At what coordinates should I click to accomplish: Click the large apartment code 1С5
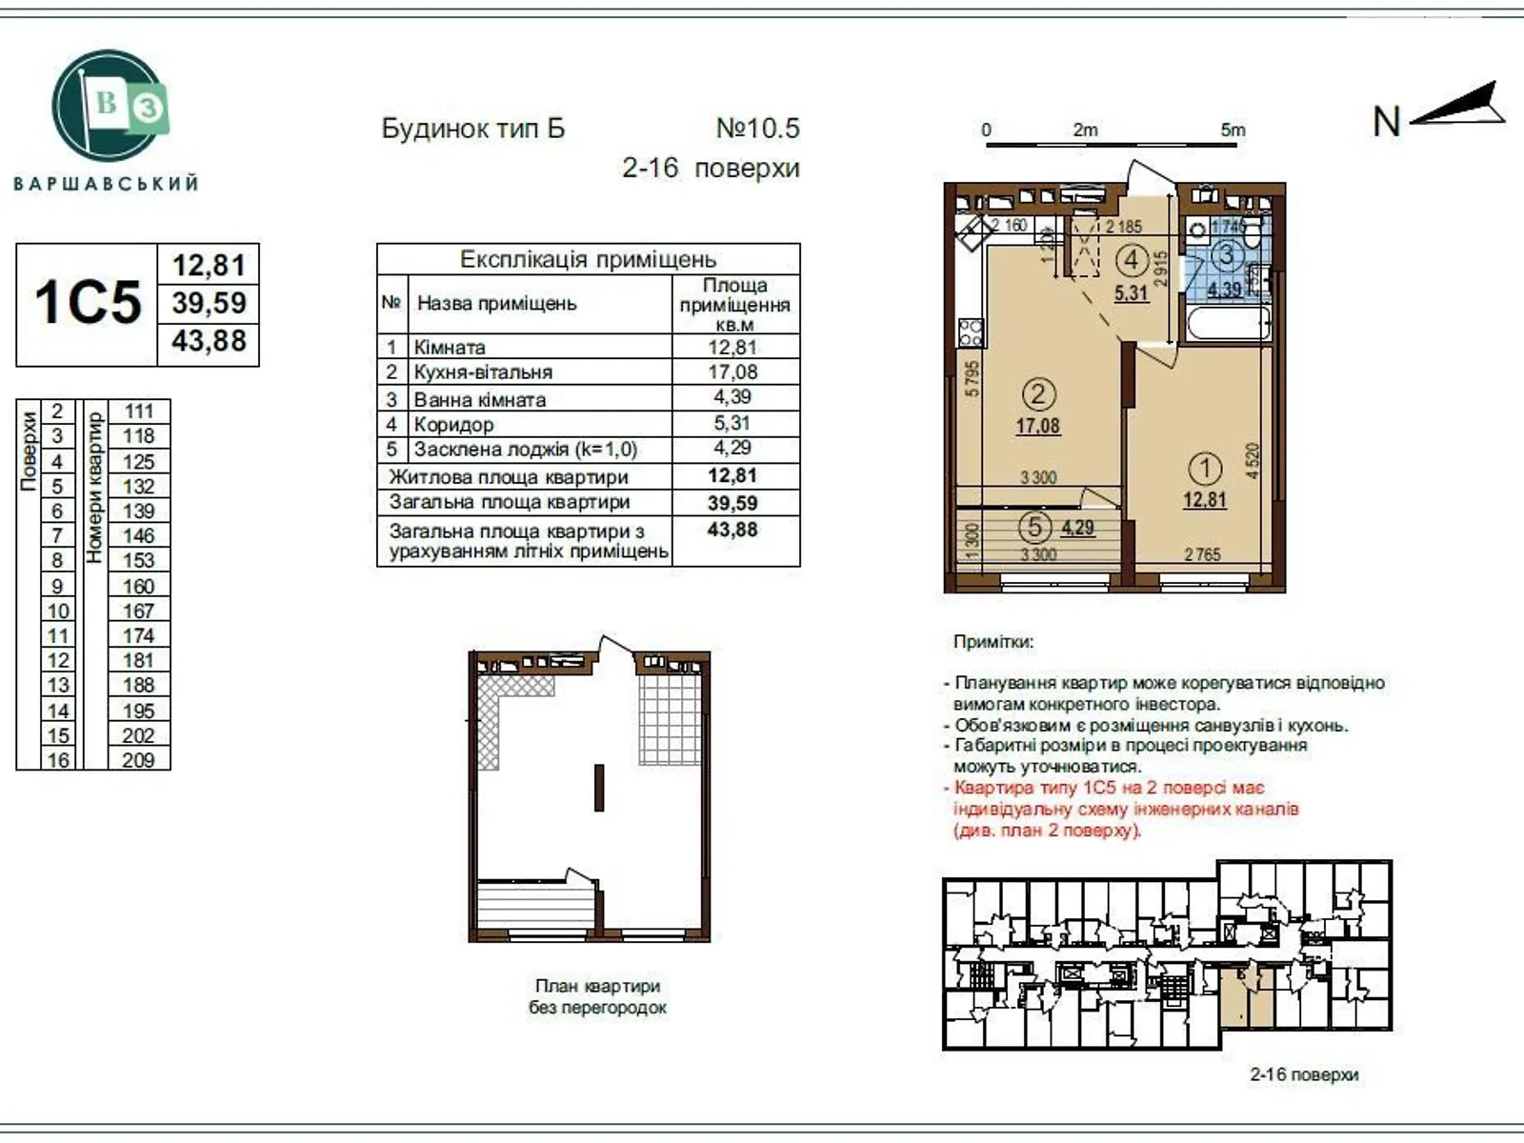pos(87,303)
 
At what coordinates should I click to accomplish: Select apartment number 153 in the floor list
pos(138,560)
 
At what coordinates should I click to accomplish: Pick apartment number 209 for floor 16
pos(138,759)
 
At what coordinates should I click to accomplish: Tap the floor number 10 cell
pos(57,611)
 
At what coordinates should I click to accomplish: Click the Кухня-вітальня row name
pos(483,372)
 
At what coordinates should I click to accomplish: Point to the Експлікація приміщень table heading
pos(588,259)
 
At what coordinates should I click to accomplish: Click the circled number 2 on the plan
pos(1038,393)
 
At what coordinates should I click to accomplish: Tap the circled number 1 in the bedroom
pos(1205,469)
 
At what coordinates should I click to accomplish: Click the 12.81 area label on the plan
pos(1204,500)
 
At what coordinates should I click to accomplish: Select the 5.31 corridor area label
pos(1132,292)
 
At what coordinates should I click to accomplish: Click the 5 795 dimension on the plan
pos(971,378)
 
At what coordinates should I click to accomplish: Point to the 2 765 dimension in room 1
pos(1202,554)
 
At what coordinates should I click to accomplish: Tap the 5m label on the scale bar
pos(1233,130)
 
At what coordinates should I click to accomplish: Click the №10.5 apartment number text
pos(757,128)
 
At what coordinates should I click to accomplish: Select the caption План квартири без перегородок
pos(597,996)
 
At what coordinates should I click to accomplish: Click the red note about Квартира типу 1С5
pos(1124,809)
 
